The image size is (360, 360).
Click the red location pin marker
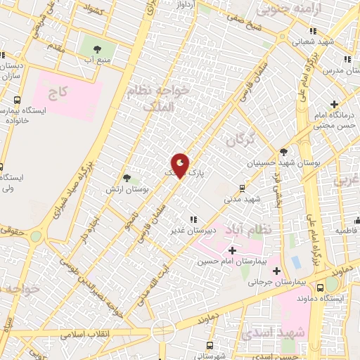[x=181, y=165]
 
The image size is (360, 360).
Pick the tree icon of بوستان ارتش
[x=127, y=179]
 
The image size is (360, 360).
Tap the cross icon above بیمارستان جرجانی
[x=276, y=271]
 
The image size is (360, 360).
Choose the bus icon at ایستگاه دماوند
[x=321, y=286]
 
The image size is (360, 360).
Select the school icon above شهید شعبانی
[x=313, y=31]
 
